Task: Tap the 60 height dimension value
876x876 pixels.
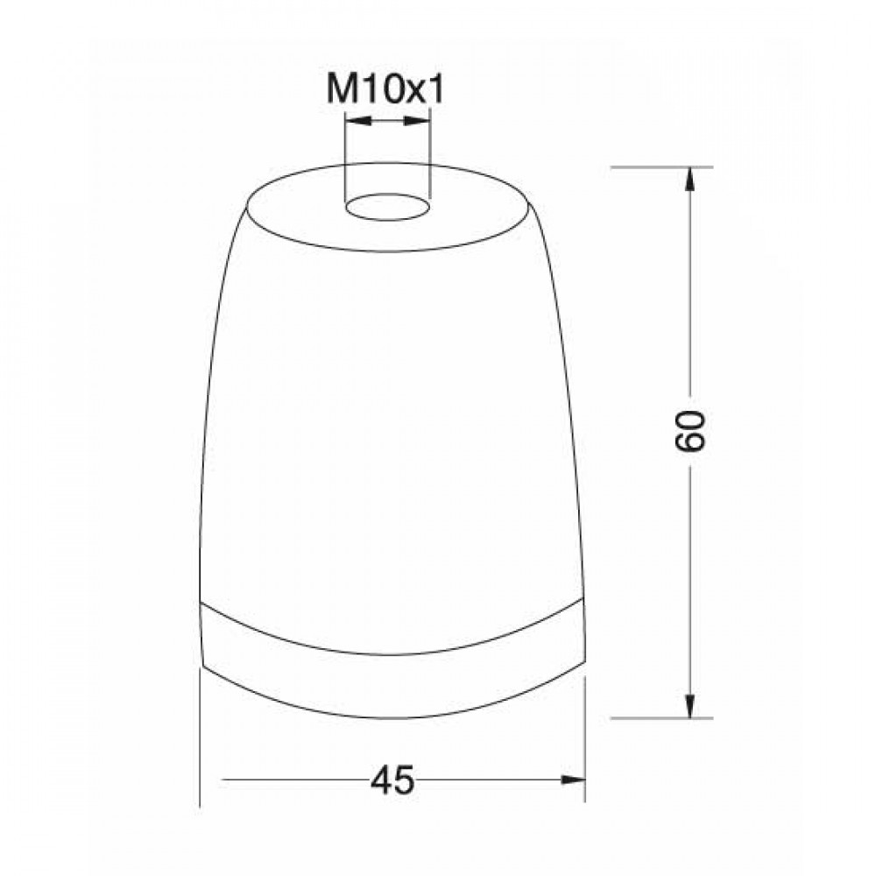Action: click(x=690, y=430)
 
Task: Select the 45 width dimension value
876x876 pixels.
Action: click(x=392, y=781)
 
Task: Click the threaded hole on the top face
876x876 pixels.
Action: click(x=388, y=207)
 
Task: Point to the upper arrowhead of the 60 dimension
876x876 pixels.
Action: click(x=690, y=180)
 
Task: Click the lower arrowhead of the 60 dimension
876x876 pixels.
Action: click(x=690, y=705)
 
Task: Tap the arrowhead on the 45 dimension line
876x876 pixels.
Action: click(x=573, y=780)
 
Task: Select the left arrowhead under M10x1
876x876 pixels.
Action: click(x=358, y=120)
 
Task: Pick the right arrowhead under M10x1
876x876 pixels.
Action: click(x=417, y=120)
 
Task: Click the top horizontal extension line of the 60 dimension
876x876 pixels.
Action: click(x=661, y=167)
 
